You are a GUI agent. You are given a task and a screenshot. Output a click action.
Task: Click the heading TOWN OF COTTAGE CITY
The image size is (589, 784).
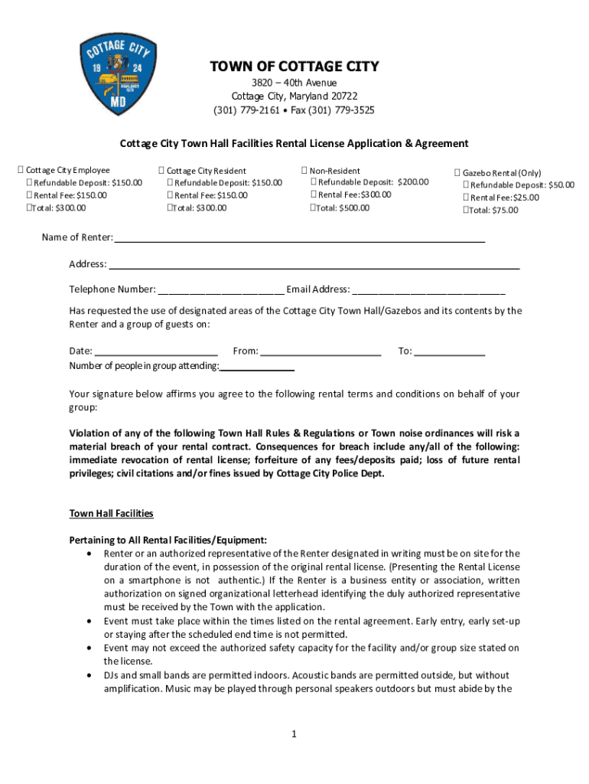[x=294, y=67]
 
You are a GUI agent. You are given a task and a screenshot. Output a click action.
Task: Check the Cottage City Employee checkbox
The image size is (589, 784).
[x=21, y=170]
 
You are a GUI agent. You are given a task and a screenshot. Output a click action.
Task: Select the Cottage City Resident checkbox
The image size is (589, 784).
[x=161, y=171]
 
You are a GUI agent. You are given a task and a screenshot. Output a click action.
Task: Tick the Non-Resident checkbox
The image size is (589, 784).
[x=304, y=171]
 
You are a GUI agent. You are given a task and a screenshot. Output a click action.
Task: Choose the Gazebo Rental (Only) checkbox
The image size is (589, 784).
[x=457, y=174]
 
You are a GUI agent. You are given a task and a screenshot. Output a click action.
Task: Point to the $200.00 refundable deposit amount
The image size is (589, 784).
[x=413, y=182]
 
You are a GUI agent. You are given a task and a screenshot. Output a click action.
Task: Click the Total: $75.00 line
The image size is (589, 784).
[x=494, y=210]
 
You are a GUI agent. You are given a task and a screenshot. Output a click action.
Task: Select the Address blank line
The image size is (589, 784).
[x=314, y=266]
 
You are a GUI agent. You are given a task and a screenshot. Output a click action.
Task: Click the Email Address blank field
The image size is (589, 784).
[x=428, y=290]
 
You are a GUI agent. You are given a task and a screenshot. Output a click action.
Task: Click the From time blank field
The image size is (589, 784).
[x=321, y=352]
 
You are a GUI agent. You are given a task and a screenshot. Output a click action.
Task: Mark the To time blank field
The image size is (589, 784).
[x=449, y=352]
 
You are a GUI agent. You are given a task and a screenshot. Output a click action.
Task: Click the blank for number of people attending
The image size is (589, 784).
[x=257, y=367]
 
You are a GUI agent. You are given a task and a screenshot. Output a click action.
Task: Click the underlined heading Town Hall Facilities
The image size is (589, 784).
[x=112, y=513]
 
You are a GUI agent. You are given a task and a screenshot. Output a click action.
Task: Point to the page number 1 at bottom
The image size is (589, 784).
[x=293, y=734]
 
